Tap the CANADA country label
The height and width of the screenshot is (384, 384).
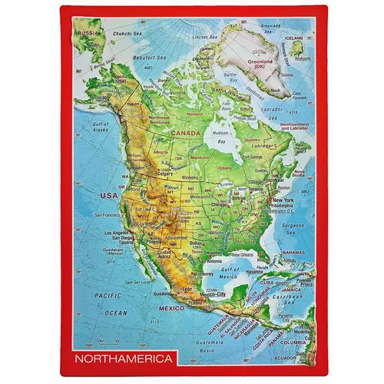[x=186, y=133]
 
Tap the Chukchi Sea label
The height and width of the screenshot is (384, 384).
[x=128, y=33]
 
